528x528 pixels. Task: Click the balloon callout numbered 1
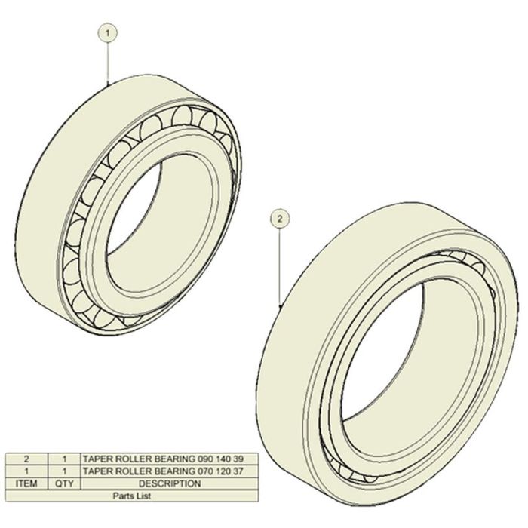coord(107,34)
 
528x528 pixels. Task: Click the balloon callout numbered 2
coord(280,219)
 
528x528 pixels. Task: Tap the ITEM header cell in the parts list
coord(26,483)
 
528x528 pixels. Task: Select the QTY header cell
coord(64,483)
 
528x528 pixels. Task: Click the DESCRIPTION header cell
coord(170,483)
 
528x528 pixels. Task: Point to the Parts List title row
coord(132,496)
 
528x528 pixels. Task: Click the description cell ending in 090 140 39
coord(170,459)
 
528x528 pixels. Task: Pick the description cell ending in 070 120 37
coord(170,471)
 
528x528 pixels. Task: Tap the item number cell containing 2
coord(26,459)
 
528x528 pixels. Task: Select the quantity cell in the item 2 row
coord(64,459)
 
